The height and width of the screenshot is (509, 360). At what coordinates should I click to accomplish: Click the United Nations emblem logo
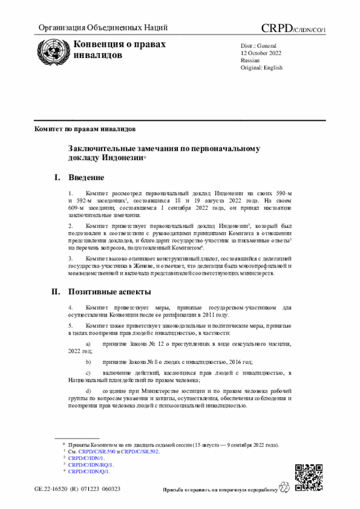pyautogui.click(x=51, y=52)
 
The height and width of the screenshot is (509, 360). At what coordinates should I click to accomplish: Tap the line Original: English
pyautogui.click(x=262, y=67)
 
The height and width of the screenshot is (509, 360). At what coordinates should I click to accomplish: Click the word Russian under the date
pyautogui.click(x=250, y=60)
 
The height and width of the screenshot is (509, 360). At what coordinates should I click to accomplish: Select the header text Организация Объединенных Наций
pyautogui.click(x=103, y=28)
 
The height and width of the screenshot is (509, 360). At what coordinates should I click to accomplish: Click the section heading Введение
pyautogui.click(x=86, y=178)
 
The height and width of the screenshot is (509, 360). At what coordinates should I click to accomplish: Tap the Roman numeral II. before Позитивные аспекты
pyautogui.click(x=56, y=292)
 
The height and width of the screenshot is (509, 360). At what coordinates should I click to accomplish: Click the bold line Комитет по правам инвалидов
pyautogui.click(x=84, y=129)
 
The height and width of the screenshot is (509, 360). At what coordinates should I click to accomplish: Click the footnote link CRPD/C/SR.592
pyautogui.click(x=140, y=452)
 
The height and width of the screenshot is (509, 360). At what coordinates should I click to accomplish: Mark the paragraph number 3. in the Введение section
pyautogui.click(x=70, y=258)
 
